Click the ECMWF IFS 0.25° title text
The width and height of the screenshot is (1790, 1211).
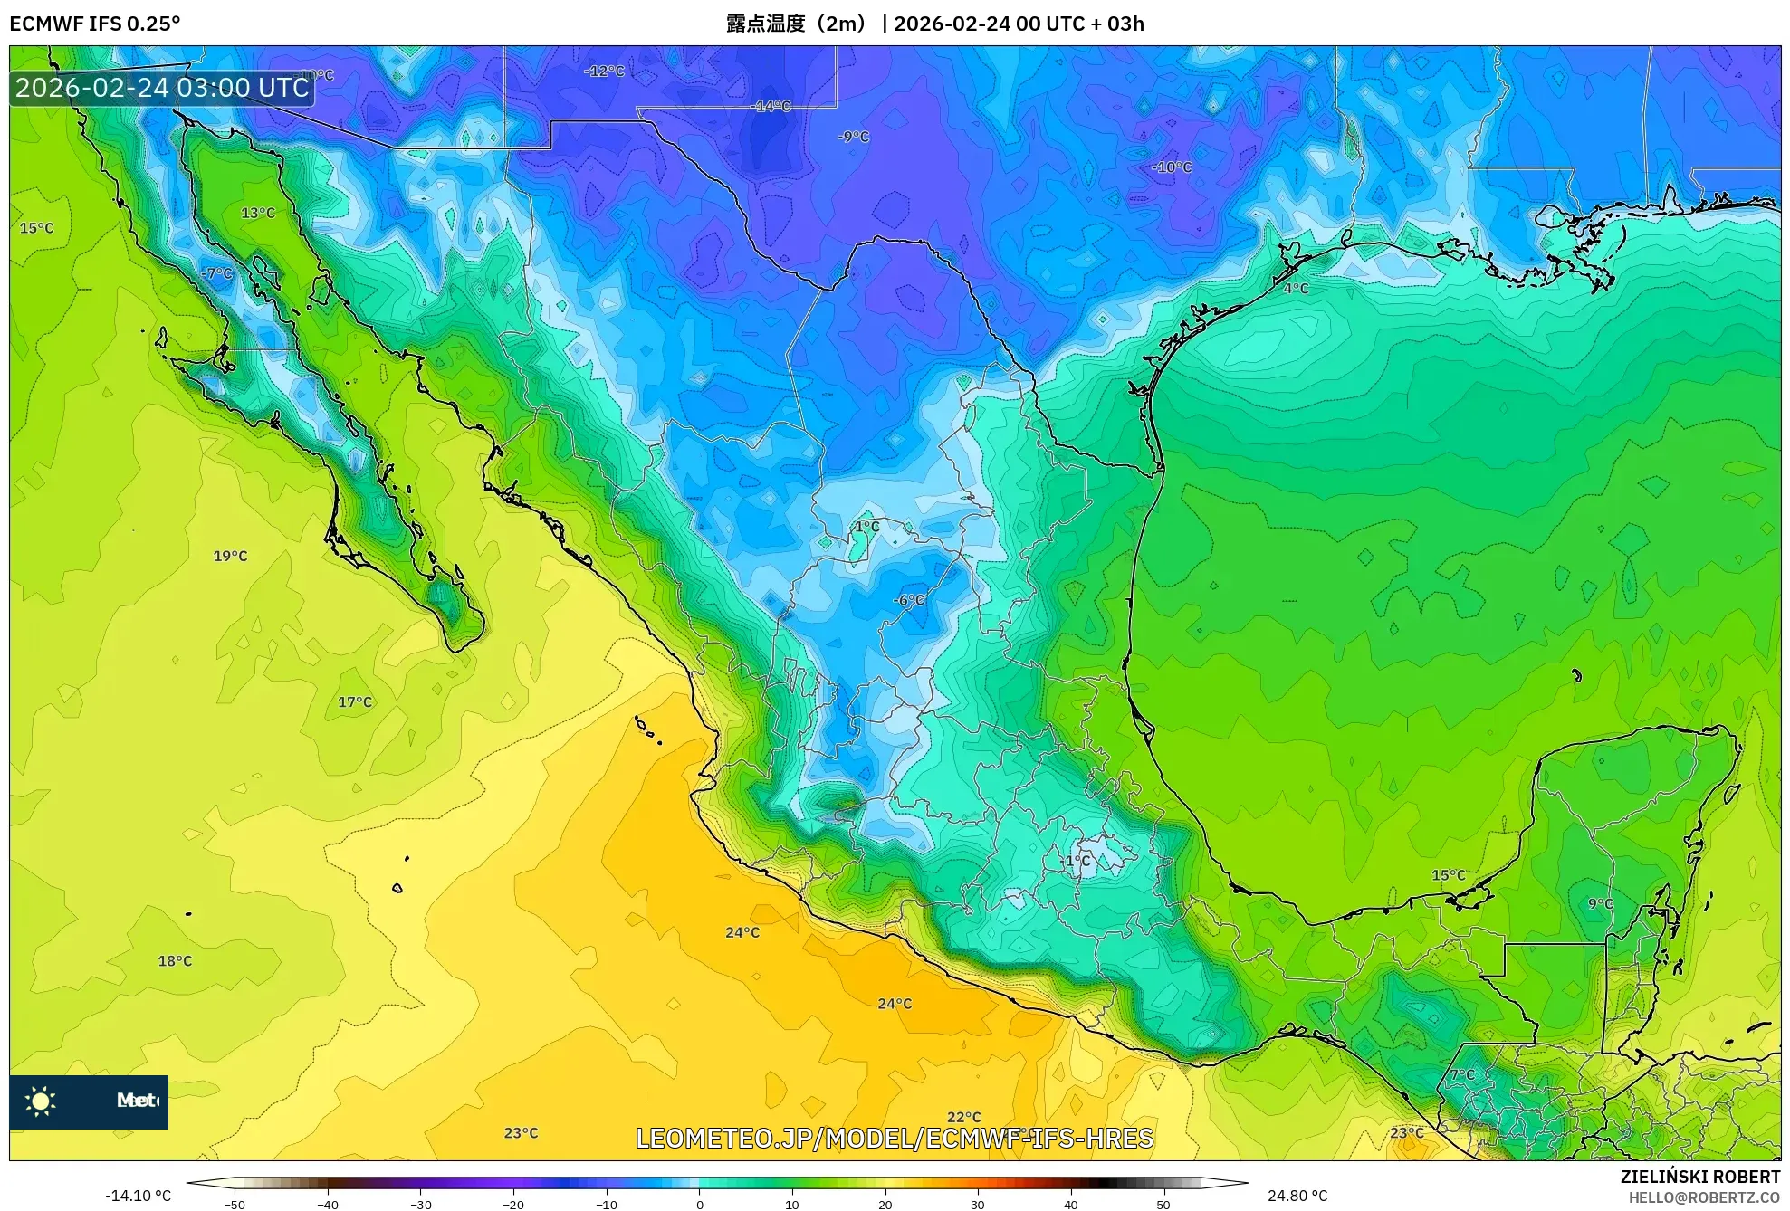pyautogui.click(x=94, y=24)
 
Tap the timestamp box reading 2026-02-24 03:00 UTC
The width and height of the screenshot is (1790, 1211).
pyautogui.click(x=162, y=88)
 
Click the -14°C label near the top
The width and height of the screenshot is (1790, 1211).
pyautogui.click(x=772, y=106)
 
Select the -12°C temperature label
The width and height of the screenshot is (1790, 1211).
pyautogui.click(x=604, y=71)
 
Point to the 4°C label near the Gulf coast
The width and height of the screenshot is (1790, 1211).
pyautogui.click(x=1296, y=288)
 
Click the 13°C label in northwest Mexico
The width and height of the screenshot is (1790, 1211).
pyautogui.click(x=258, y=213)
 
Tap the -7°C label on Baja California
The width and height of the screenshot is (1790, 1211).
pyautogui.click(x=217, y=273)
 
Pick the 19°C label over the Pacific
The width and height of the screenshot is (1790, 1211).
pyautogui.click(x=230, y=556)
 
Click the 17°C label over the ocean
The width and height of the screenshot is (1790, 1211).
pyautogui.click(x=355, y=701)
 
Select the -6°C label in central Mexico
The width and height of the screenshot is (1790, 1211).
pyautogui.click(x=909, y=600)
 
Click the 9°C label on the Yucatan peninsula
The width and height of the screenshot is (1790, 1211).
pyautogui.click(x=1600, y=903)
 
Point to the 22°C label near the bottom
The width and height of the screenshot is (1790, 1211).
pyautogui.click(x=963, y=1117)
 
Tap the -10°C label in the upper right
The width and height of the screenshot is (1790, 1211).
pyautogui.click(x=1172, y=167)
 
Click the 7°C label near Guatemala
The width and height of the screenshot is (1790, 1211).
pyautogui.click(x=1462, y=1074)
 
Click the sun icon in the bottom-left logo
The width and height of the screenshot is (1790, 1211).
pyautogui.click(x=41, y=1101)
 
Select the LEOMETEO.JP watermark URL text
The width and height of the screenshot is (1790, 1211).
pyautogui.click(x=895, y=1138)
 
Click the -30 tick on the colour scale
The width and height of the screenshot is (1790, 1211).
pyautogui.click(x=421, y=1204)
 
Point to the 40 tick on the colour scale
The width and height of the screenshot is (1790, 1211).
pyautogui.click(x=1070, y=1204)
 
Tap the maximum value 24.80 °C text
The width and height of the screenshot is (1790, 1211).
pyautogui.click(x=1297, y=1196)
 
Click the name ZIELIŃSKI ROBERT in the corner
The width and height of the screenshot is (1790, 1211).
pyautogui.click(x=1699, y=1177)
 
